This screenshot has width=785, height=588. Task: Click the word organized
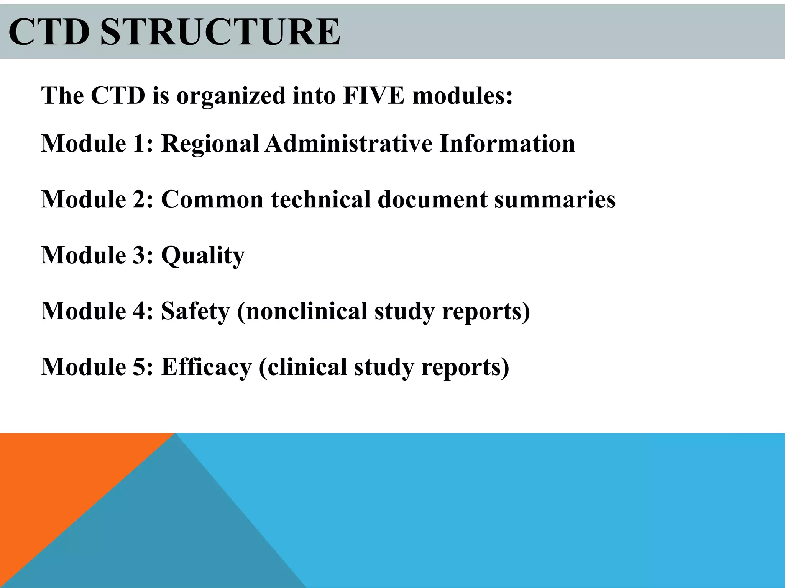pyautogui.click(x=231, y=96)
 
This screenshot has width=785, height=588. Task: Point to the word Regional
pyautogui.click(x=210, y=144)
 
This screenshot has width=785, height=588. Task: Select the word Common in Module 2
pyautogui.click(x=212, y=199)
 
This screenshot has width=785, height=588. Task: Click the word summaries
pyautogui.click(x=555, y=199)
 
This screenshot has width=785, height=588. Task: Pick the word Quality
pyautogui.click(x=203, y=255)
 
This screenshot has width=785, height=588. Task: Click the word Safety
pyautogui.click(x=195, y=311)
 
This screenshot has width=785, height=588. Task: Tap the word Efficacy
pyautogui.click(x=206, y=367)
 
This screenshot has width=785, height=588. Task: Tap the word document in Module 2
pyautogui.click(x=432, y=199)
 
